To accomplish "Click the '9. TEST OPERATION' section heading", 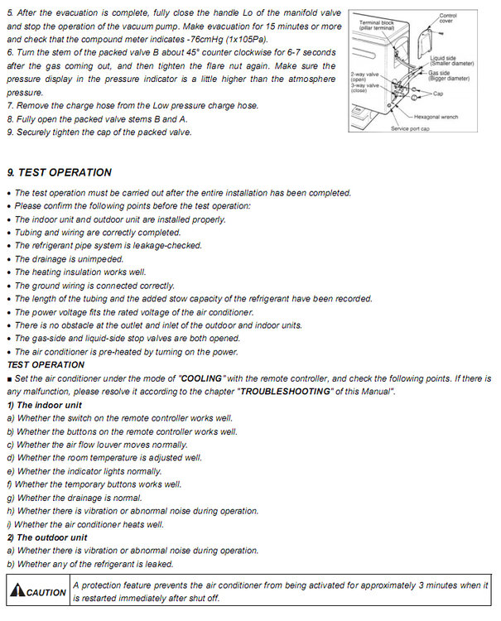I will coord(59,173).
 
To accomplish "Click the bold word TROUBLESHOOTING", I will coord(287,391).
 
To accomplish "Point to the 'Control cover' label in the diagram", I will coord(471,18).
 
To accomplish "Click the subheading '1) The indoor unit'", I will coord(44,404).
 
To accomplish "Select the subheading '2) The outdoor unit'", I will coord(46,537).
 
